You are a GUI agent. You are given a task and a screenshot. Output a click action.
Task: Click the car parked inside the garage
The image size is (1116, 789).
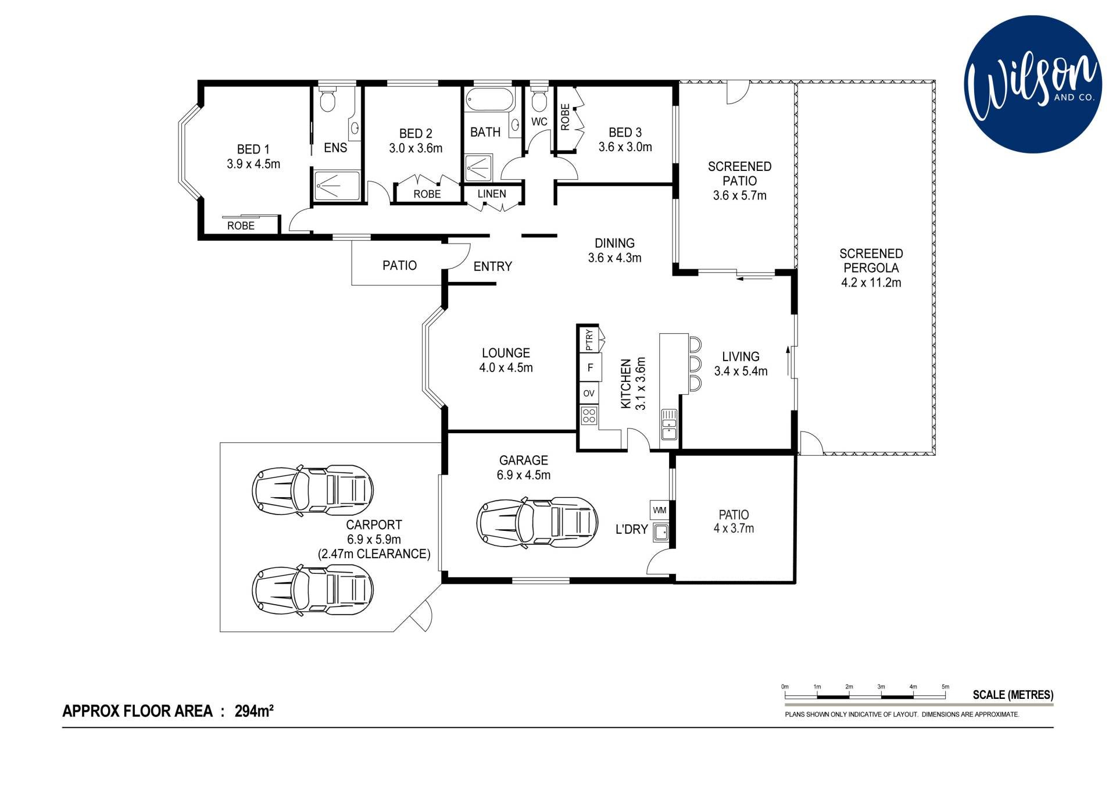[x=537, y=521]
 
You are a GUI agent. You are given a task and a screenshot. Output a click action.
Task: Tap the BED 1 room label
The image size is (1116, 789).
[x=253, y=149]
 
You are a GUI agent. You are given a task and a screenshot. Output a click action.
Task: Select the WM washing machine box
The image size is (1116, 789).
[x=660, y=510]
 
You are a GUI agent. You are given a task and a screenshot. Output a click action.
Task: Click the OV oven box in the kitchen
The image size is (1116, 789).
[x=589, y=393]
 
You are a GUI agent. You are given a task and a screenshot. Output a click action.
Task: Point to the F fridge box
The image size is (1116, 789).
[x=590, y=367]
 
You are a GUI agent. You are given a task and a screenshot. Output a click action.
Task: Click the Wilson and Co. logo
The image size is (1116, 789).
[x=1033, y=85]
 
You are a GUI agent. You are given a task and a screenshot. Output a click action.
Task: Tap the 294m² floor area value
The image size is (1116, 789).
[x=254, y=711]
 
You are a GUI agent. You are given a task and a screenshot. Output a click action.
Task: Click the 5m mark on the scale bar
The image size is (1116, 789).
[x=945, y=687]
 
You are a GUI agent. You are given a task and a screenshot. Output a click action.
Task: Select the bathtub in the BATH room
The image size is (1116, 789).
[x=491, y=100]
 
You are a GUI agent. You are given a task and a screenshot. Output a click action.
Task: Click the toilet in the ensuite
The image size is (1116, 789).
[x=328, y=99]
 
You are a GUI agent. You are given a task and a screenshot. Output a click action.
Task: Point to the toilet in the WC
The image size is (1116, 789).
[x=539, y=99]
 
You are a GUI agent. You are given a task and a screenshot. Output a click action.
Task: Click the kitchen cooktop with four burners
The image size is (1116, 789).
[x=589, y=415]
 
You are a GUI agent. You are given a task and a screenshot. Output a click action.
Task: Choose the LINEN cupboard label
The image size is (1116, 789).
[x=492, y=194]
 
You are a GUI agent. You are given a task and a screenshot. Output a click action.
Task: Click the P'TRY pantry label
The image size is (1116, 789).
[x=589, y=340]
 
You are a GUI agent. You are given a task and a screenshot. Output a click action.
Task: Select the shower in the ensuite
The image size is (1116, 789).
[x=337, y=185]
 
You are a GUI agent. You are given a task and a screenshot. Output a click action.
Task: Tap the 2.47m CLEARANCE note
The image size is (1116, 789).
[x=374, y=554]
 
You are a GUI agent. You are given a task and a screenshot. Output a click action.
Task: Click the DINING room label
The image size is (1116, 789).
[x=614, y=243]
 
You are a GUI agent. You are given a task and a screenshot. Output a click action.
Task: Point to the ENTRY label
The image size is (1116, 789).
[x=492, y=266]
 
